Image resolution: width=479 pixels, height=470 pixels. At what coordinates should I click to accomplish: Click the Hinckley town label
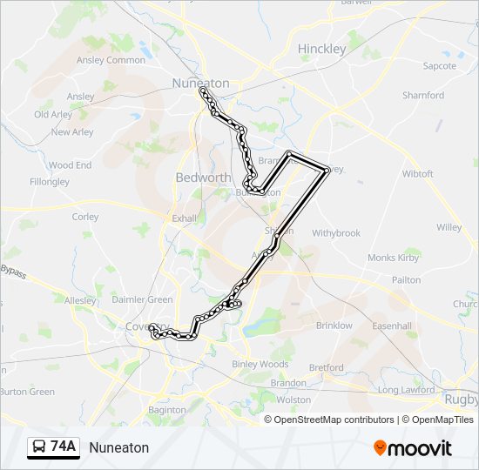point(321,49)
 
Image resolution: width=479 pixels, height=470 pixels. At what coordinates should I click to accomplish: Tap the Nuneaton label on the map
point(200,84)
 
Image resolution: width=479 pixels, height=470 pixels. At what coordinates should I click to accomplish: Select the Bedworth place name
point(203,177)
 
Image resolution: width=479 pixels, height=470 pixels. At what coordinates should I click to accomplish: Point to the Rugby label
point(462,399)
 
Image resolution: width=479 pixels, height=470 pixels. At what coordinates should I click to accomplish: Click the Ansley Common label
point(111,60)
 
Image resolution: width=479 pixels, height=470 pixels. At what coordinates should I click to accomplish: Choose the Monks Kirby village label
point(394,258)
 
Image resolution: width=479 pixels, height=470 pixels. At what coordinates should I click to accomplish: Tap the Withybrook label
point(336,233)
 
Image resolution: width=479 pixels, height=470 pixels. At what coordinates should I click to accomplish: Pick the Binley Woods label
point(260,364)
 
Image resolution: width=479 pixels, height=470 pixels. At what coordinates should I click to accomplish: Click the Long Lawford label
point(406,390)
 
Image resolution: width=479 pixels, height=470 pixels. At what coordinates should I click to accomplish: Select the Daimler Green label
point(142,299)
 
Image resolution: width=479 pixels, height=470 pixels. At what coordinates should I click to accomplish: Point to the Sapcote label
point(439,66)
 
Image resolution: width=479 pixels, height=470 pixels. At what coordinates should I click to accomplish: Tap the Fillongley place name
point(50,182)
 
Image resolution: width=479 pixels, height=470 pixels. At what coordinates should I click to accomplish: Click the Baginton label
point(167,409)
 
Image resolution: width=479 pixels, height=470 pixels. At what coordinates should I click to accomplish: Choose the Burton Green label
point(28,392)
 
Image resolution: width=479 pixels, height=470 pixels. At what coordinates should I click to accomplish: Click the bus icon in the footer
point(39,447)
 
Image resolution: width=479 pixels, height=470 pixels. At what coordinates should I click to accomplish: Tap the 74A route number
point(64,447)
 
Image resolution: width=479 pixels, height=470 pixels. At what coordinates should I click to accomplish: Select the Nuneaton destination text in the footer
point(119,447)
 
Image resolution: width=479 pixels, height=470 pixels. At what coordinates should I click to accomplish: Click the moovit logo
point(413,447)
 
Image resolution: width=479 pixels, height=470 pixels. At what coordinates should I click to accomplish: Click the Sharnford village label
point(423,96)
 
